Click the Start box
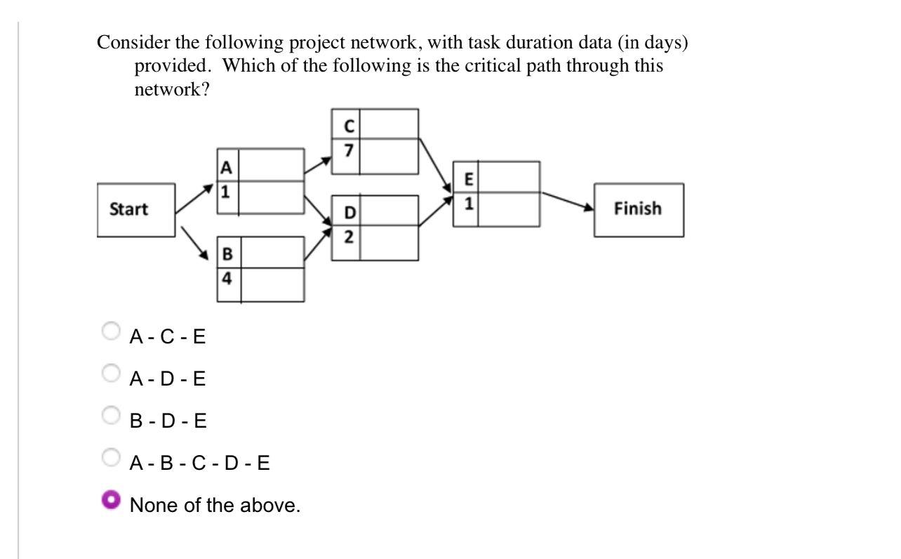tap(135, 209)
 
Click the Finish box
tap(638, 209)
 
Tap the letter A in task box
tap(225, 167)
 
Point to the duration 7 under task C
tap(348, 150)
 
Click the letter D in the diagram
tap(348, 212)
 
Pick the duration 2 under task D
tap(348, 237)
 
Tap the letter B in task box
tap(227, 254)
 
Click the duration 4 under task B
tap(227, 278)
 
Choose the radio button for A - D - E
tap(110, 372)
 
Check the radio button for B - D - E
tap(110, 414)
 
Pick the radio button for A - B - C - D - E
tap(110, 457)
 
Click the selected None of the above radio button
tap(110, 499)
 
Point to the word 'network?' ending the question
tap(171, 89)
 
